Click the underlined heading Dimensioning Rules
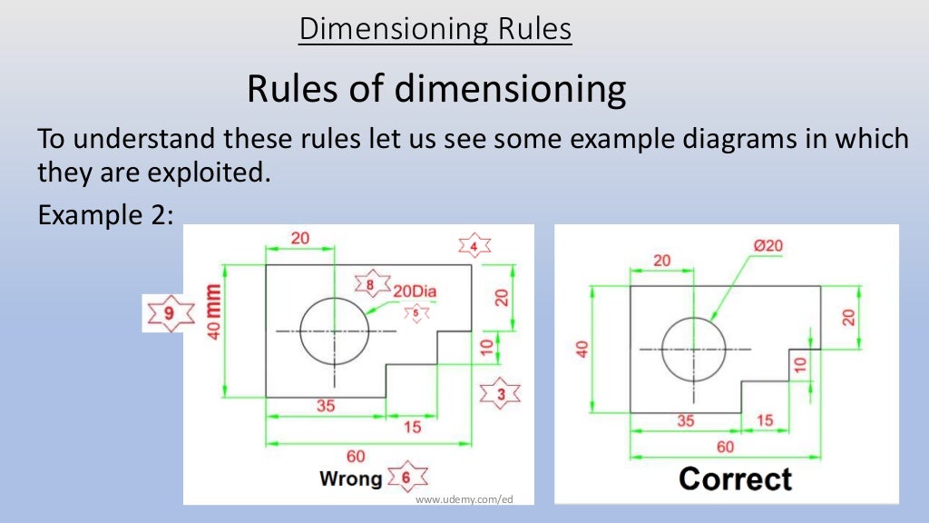[x=435, y=29]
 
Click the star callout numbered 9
[x=171, y=313]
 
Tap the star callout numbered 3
[x=499, y=393]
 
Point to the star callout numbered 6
[x=406, y=477]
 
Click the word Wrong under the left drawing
[x=350, y=478]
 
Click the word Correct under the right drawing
[x=735, y=479]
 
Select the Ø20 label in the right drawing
[x=768, y=246]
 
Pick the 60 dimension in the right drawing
[x=726, y=447]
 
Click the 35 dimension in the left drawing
[x=325, y=406]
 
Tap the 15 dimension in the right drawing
[x=765, y=419]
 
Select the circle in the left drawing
[x=335, y=331]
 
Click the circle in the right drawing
[x=694, y=348]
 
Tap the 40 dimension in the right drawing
[x=582, y=348]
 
